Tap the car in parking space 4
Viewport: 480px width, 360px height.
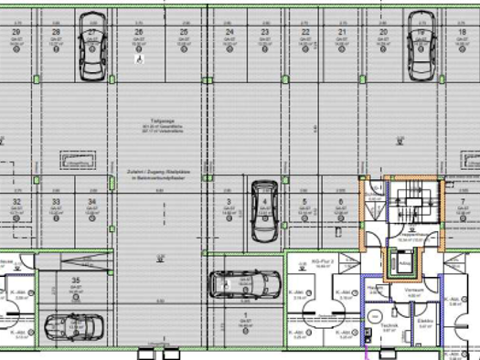263,210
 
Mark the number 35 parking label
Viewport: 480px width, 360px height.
76,280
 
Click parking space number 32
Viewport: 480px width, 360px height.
16,201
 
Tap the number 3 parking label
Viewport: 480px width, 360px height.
227,201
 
